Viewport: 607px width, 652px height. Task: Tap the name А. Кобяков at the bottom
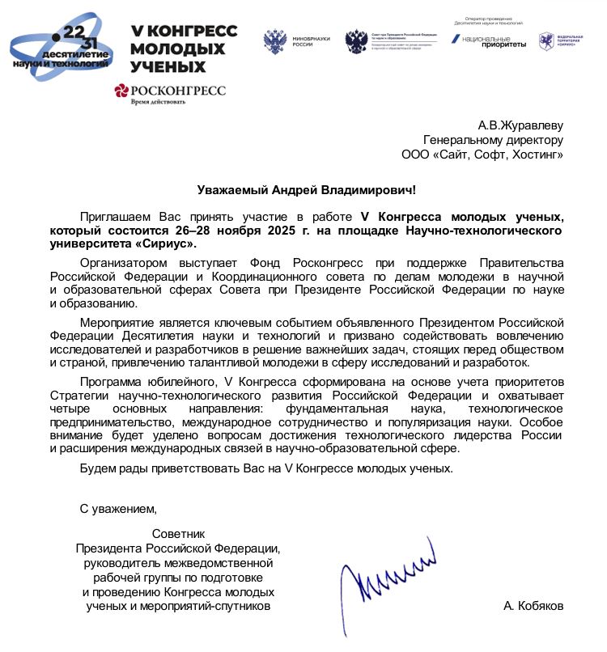pos(533,606)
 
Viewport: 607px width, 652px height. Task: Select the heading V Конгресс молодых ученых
pos(184,48)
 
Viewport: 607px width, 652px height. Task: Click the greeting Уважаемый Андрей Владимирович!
pos(308,190)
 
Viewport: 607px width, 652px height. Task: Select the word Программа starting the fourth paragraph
pos(110,381)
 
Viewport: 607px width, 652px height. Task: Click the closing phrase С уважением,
pos(117,509)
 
